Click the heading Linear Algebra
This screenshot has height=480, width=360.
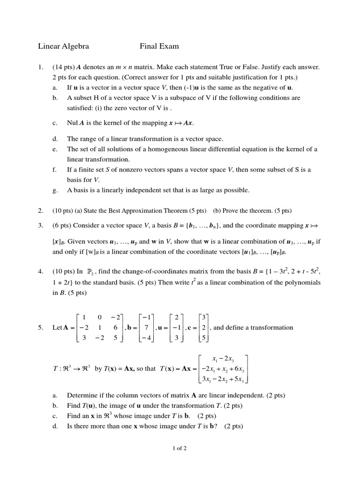pos(63,46)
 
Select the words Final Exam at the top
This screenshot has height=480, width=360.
pos(159,46)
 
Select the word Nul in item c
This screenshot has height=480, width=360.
pos(73,123)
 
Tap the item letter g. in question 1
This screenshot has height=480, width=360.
pos(55,190)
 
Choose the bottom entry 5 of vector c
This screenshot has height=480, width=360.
pos(202,337)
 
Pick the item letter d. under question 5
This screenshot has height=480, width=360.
pos(55,426)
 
